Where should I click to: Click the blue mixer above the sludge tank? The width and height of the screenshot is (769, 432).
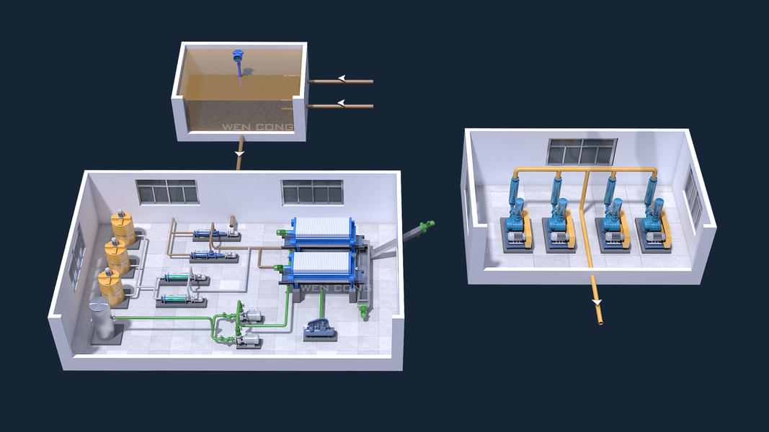click(x=239, y=56)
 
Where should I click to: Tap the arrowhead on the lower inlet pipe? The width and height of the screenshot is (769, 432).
click(x=342, y=103)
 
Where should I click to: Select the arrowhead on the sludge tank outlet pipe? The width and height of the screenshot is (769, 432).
click(x=240, y=153)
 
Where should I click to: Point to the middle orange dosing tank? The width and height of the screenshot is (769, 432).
click(x=116, y=254)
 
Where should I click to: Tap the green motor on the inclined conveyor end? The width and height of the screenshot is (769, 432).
click(x=428, y=225)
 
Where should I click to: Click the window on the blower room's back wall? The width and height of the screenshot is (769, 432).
click(x=582, y=151)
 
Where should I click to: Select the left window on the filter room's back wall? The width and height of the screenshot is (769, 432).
click(x=166, y=191)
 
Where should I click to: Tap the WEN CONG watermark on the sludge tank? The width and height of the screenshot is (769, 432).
click(x=257, y=128)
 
